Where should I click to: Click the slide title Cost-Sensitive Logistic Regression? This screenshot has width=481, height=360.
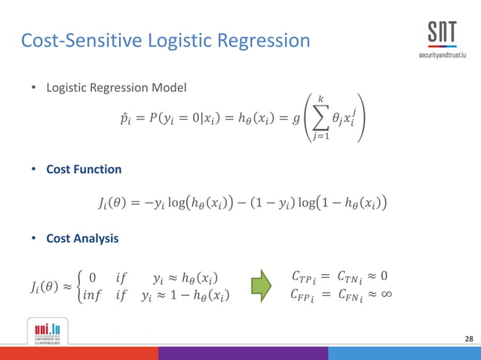165,40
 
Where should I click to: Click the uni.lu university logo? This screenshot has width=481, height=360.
47,329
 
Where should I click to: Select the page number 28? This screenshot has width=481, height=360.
469,340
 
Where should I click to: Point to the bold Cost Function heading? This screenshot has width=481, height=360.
84,169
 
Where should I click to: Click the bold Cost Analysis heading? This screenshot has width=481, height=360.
82,238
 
